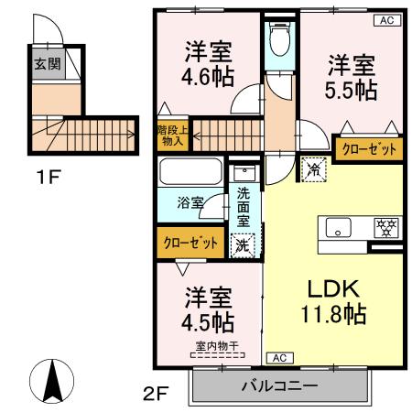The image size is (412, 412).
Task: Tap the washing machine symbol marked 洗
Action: pos(243,244)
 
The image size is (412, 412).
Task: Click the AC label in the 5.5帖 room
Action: pos(385,20)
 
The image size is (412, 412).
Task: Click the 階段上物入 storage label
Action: pos(168,136)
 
